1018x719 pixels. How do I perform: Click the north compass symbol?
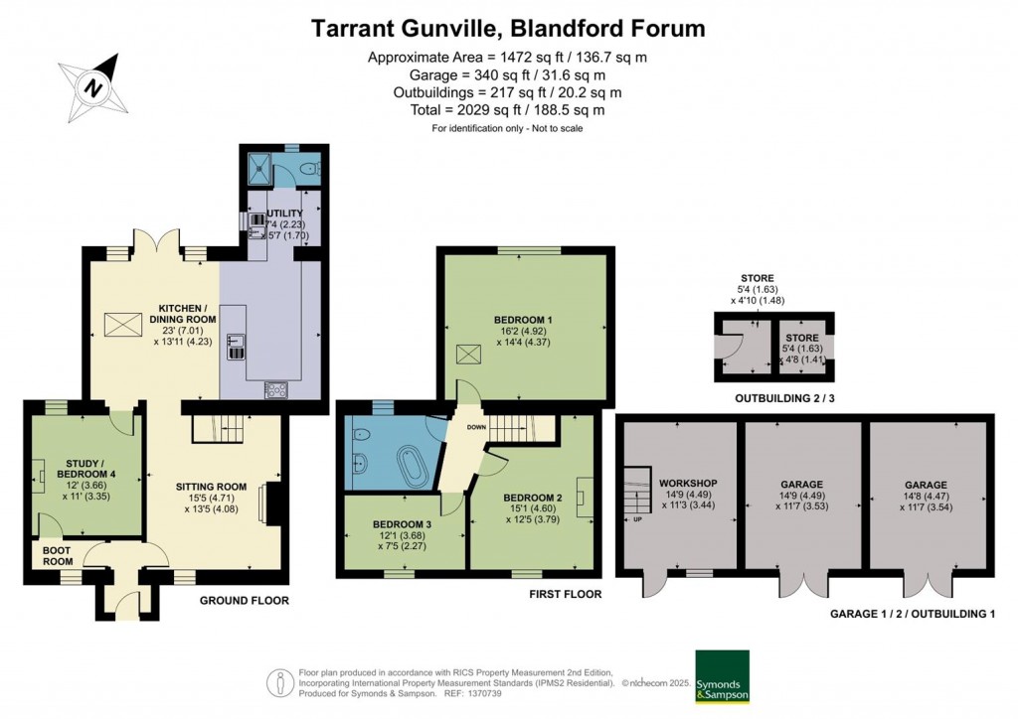point(93,87)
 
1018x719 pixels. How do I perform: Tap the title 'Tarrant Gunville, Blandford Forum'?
point(508,28)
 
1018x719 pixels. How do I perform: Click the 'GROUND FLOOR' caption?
point(245,601)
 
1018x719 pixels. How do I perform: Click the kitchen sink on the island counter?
point(237,347)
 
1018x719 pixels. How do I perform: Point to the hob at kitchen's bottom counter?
point(275,390)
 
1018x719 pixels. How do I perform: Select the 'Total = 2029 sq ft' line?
point(508,110)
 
